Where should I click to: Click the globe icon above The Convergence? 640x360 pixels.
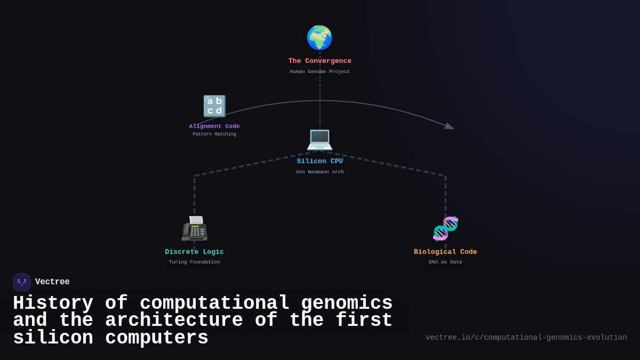click(x=319, y=38)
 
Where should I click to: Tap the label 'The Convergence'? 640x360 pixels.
click(x=320, y=61)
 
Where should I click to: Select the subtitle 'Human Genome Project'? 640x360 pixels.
click(x=320, y=72)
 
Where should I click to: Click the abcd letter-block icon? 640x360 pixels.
click(x=214, y=106)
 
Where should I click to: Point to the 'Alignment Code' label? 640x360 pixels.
click(x=214, y=126)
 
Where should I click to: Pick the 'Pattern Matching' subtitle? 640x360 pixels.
click(x=214, y=134)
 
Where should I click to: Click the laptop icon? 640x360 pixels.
click(x=319, y=139)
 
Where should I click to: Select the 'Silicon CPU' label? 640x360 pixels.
click(x=320, y=162)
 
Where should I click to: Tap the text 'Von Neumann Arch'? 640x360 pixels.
click(x=320, y=172)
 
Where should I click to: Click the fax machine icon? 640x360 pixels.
click(x=194, y=228)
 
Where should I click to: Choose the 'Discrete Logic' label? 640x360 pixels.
click(x=194, y=252)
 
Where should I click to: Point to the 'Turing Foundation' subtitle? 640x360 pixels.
click(x=194, y=262)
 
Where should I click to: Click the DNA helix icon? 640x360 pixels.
click(x=445, y=228)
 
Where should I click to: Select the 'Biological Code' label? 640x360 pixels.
click(x=445, y=252)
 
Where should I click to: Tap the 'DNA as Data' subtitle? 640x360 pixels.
click(x=445, y=262)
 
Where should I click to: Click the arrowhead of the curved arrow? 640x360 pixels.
click(x=450, y=126)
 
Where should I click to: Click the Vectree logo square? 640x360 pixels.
click(x=22, y=282)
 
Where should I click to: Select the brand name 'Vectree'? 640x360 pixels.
click(x=52, y=282)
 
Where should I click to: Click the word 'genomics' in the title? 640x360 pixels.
click(x=347, y=303)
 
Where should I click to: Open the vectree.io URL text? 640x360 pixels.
click(x=526, y=338)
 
